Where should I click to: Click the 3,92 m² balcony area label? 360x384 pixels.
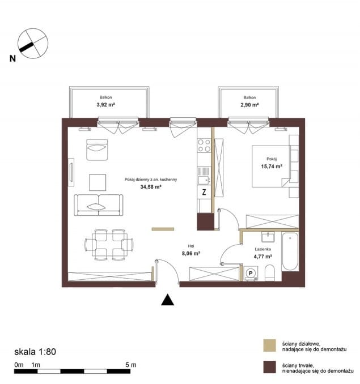coord(105,105)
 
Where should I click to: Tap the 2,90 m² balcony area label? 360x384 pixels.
coord(249,105)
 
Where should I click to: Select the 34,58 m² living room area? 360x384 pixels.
coord(150,187)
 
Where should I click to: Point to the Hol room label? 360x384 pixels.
coord(191,246)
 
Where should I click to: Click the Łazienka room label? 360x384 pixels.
coord(262,249)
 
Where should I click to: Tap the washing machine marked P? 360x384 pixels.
coord(251,273)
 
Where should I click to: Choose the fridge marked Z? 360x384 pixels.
coord(204,192)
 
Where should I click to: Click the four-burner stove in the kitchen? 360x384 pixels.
coord(204,145)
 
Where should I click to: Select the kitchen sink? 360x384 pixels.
coord(204,180)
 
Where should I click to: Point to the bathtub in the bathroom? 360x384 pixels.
coord(290,251)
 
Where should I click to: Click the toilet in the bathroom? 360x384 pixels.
coord(270,272)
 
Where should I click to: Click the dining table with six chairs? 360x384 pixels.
coord(109,245)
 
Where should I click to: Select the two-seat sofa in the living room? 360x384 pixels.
coord(99,205)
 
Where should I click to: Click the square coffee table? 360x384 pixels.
coord(98,182)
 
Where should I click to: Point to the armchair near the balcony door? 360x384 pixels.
coord(97,150)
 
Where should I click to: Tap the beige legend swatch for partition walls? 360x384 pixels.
coord(269,345)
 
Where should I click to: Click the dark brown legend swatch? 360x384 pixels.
coord(269,367)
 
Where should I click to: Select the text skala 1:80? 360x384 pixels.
coord(35,352)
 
